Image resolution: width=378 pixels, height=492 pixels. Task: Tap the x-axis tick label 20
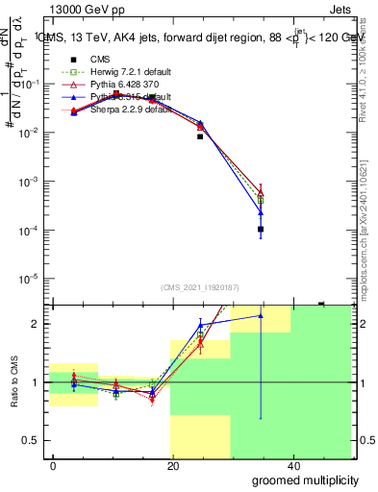[x=172, y=464]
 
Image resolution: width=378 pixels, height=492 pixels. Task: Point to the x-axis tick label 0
[x=53, y=464]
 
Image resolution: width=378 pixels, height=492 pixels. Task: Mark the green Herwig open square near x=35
[x=261, y=199]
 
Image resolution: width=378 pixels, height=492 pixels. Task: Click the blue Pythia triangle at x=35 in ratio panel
[x=261, y=315]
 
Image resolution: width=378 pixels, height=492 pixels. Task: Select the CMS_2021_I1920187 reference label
[x=200, y=288]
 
